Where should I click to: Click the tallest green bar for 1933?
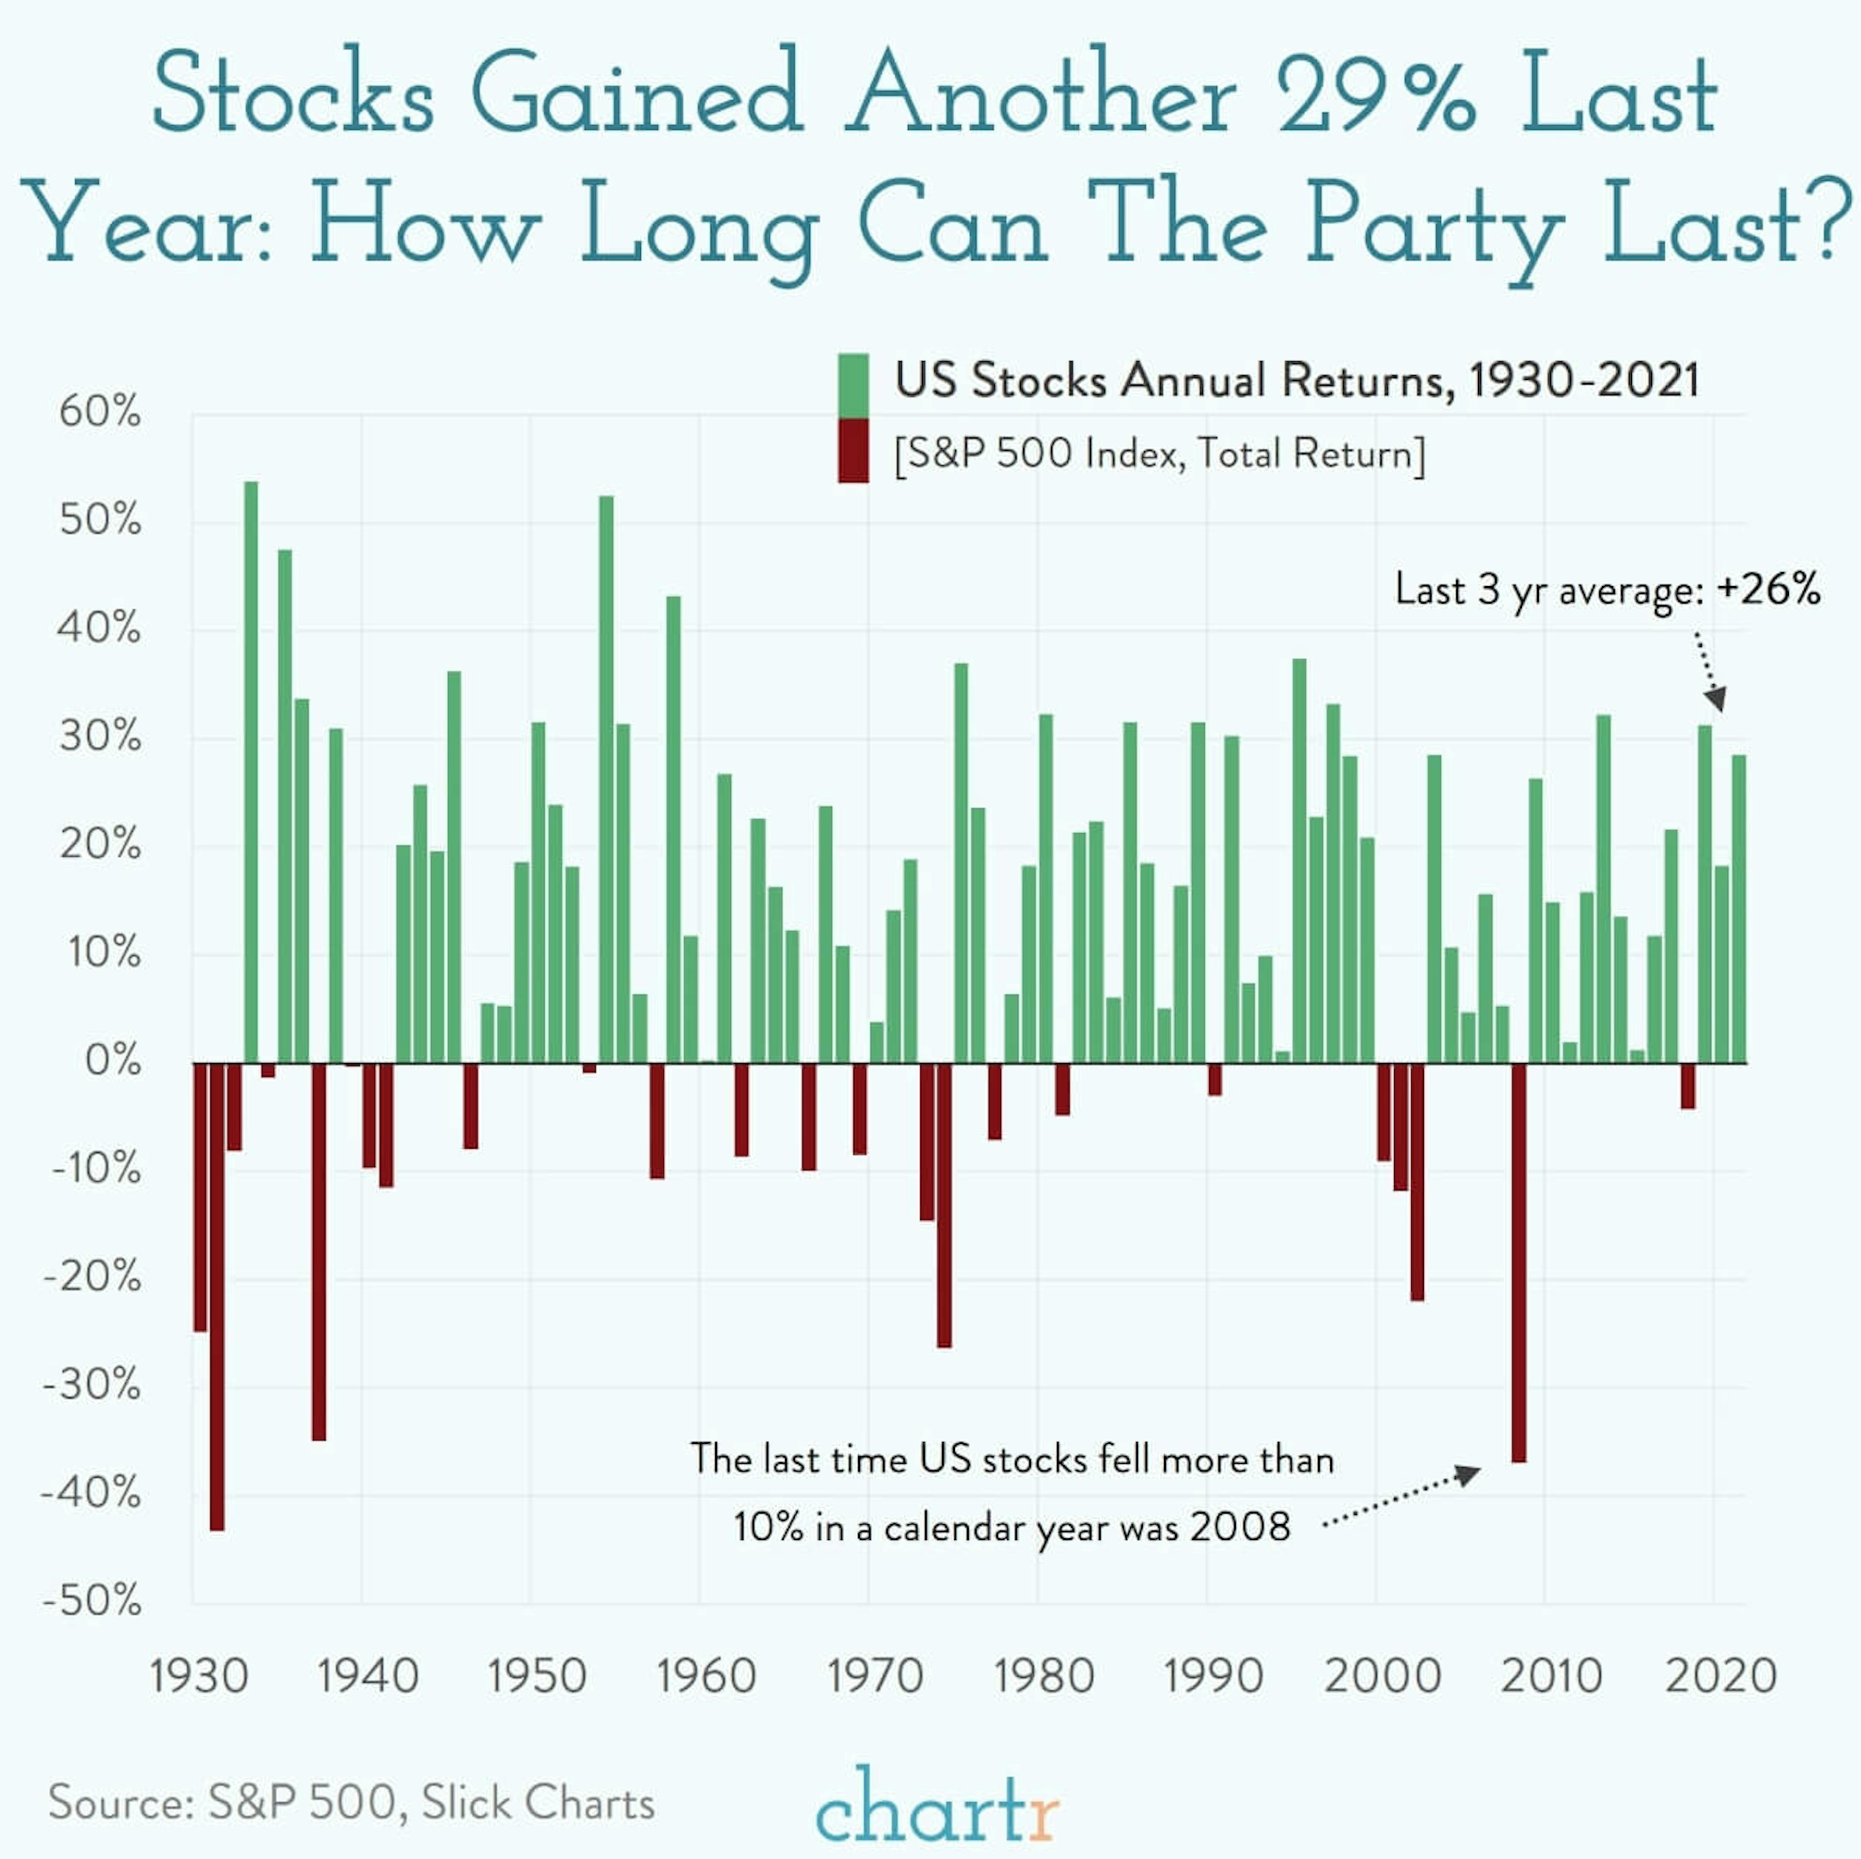[x=251, y=770]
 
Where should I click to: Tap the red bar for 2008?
[x=1519, y=1262]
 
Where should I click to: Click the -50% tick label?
[x=93, y=1602]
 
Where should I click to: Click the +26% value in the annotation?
[x=1767, y=589]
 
